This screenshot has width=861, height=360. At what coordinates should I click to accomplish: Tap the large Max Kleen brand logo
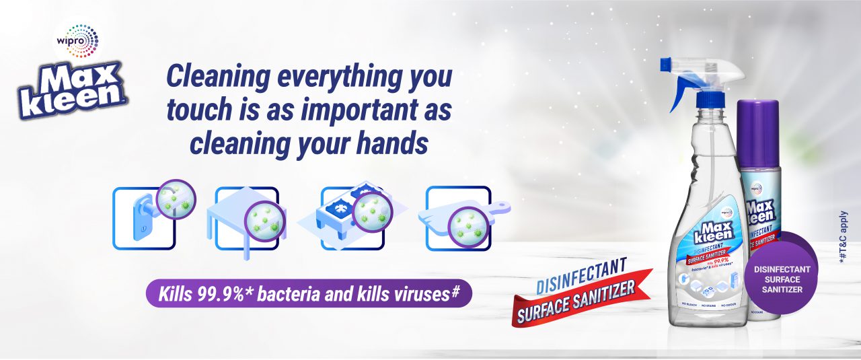point(74,89)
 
